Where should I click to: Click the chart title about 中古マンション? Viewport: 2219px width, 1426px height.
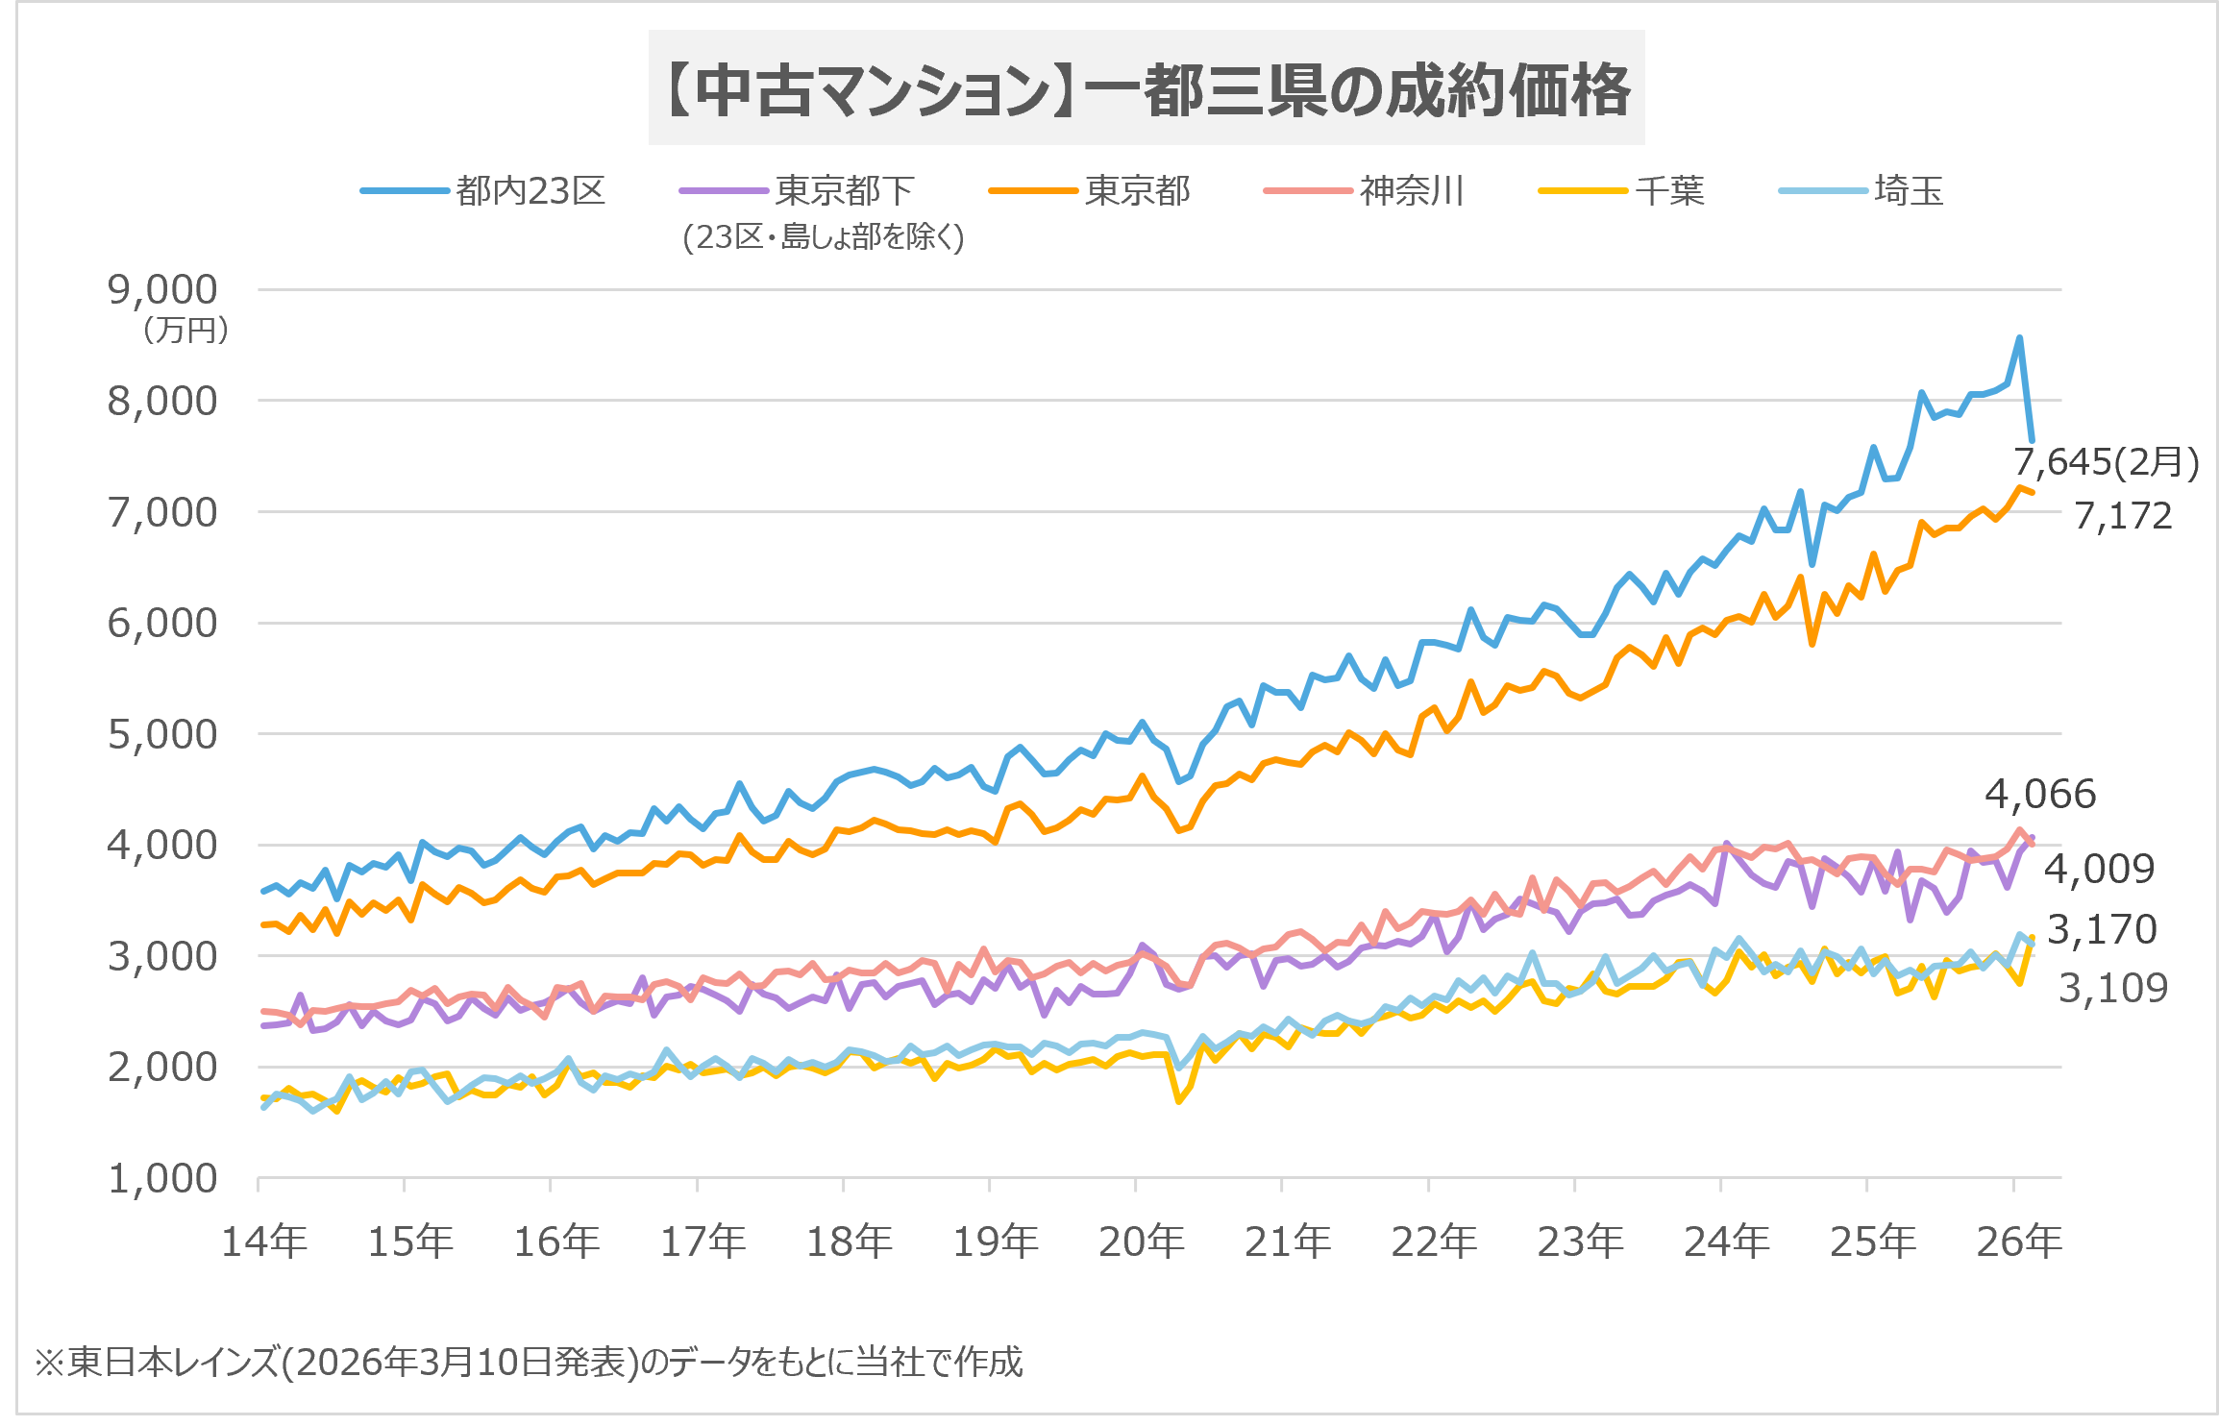tap(1146, 89)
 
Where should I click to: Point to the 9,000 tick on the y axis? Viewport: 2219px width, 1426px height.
tap(162, 289)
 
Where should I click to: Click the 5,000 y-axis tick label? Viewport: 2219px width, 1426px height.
tap(162, 734)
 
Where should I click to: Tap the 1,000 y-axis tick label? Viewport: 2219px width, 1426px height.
tap(162, 1178)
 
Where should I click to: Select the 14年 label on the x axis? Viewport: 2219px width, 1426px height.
tap(264, 1242)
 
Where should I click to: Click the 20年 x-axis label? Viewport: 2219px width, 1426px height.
tap(1141, 1242)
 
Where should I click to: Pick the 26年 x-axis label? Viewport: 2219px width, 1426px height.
tap(2018, 1242)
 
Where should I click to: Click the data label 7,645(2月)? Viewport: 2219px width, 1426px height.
tap(2106, 462)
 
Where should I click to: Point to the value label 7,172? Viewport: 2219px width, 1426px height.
tap(2122, 516)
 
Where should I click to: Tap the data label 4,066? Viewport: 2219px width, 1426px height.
tap(2039, 794)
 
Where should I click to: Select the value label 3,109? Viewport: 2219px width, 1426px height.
tap(2112, 988)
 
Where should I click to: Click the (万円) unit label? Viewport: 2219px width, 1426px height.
tap(185, 331)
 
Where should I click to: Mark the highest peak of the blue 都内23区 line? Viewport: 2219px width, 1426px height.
tap(2019, 338)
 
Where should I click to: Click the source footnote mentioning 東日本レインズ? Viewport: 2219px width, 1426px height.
tap(529, 1362)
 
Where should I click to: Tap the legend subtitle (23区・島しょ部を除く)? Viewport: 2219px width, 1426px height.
tap(824, 236)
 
